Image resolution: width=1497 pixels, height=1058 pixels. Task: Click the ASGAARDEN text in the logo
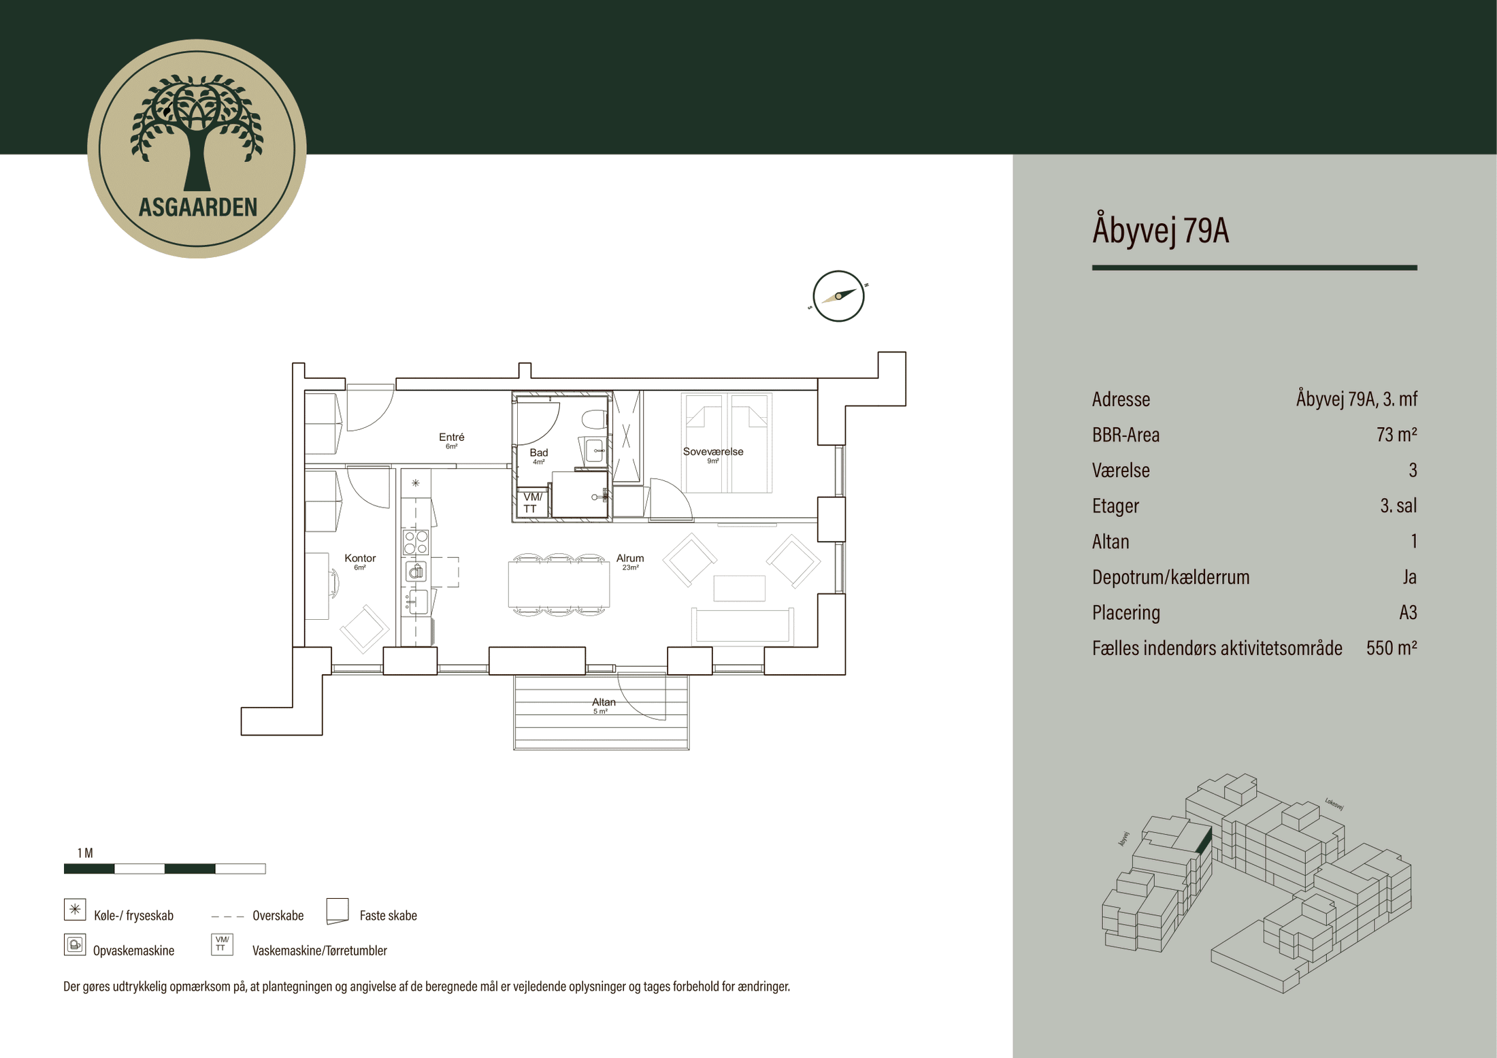point(197,207)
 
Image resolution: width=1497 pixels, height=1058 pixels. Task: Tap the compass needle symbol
point(838,296)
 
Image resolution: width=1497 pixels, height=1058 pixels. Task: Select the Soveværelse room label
point(712,452)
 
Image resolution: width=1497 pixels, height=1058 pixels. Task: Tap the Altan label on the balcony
point(603,703)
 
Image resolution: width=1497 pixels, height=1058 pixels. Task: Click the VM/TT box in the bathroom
point(532,503)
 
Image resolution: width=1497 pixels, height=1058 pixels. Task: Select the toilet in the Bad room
point(594,418)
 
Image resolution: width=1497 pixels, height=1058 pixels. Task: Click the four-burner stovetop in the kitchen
point(416,542)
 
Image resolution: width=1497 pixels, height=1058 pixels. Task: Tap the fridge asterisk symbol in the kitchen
point(415,483)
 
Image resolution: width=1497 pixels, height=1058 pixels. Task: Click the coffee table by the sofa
point(739,589)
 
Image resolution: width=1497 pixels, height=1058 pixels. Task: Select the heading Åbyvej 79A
point(1160,230)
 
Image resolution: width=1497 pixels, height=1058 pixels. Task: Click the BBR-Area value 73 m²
point(1396,435)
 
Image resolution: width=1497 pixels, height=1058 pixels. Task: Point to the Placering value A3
point(1407,612)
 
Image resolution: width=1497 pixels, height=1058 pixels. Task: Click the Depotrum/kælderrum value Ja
point(1409,577)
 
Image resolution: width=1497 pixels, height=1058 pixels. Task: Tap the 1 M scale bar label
point(85,853)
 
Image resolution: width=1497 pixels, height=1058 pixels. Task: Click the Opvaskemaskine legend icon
point(75,944)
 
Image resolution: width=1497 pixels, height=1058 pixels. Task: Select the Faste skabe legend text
point(388,916)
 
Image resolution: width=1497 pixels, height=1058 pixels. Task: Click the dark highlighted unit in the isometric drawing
point(1204,842)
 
